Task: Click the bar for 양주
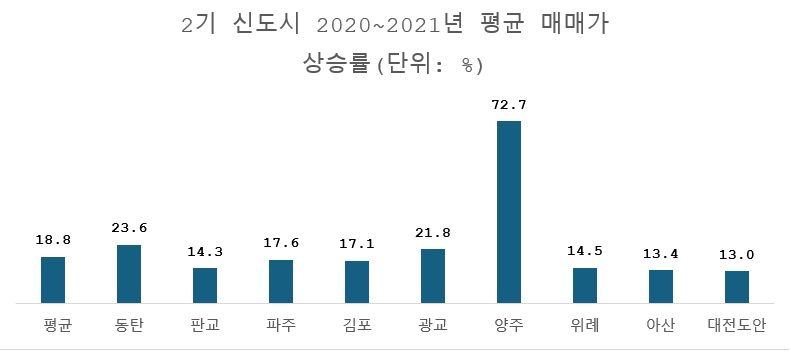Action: [508, 211]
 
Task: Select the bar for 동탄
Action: [129, 273]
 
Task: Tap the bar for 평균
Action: [53, 279]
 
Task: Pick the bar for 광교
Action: [433, 275]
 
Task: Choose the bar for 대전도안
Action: [736, 286]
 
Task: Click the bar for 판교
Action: [205, 284]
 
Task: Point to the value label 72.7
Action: [509, 105]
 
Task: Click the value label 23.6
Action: [129, 228]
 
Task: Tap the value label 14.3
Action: [205, 252]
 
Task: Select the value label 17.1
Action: [357, 244]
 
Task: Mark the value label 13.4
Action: [661, 254]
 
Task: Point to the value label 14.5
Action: [585, 251]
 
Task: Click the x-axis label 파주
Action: [281, 326]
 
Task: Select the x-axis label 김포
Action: [357, 326]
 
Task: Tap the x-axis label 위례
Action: [585, 326]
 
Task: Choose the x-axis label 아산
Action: [661, 326]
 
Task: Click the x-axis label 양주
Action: [509, 326]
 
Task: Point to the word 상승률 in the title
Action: [337, 66]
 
